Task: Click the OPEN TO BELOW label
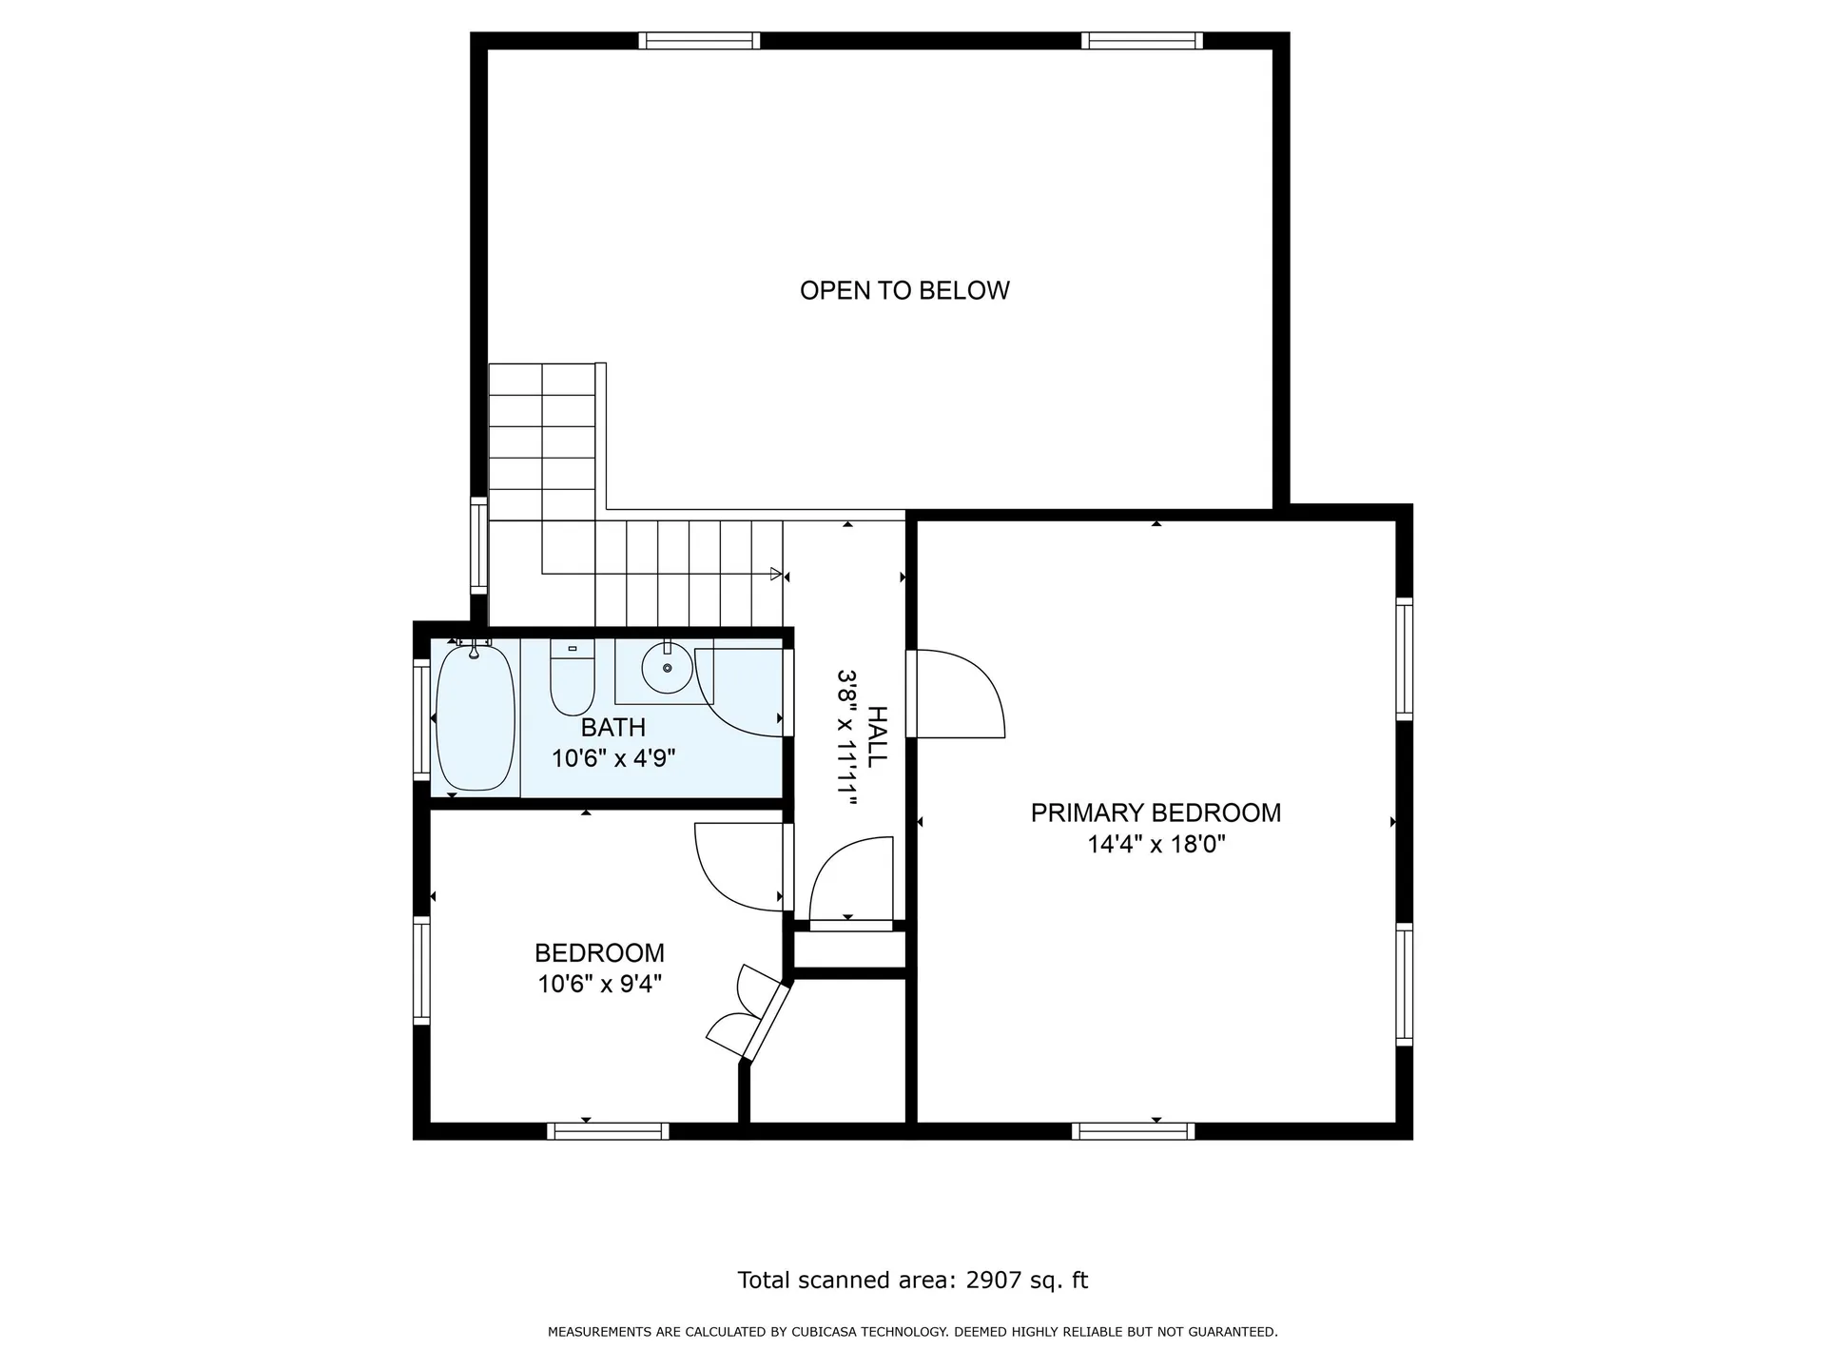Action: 904,290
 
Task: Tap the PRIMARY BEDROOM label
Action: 1156,812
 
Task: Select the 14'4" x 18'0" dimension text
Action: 1156,844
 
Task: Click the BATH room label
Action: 613,728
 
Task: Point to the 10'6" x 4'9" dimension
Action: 613,758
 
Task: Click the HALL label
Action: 877,736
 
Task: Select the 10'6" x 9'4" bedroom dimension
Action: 600,984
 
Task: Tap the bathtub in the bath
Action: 475,717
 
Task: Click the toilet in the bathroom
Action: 573,677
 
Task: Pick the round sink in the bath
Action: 667,668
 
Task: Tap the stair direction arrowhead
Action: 776,575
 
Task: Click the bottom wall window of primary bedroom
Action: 1133,1131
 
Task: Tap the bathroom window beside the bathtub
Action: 421,719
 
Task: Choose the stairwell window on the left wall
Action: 479,546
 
